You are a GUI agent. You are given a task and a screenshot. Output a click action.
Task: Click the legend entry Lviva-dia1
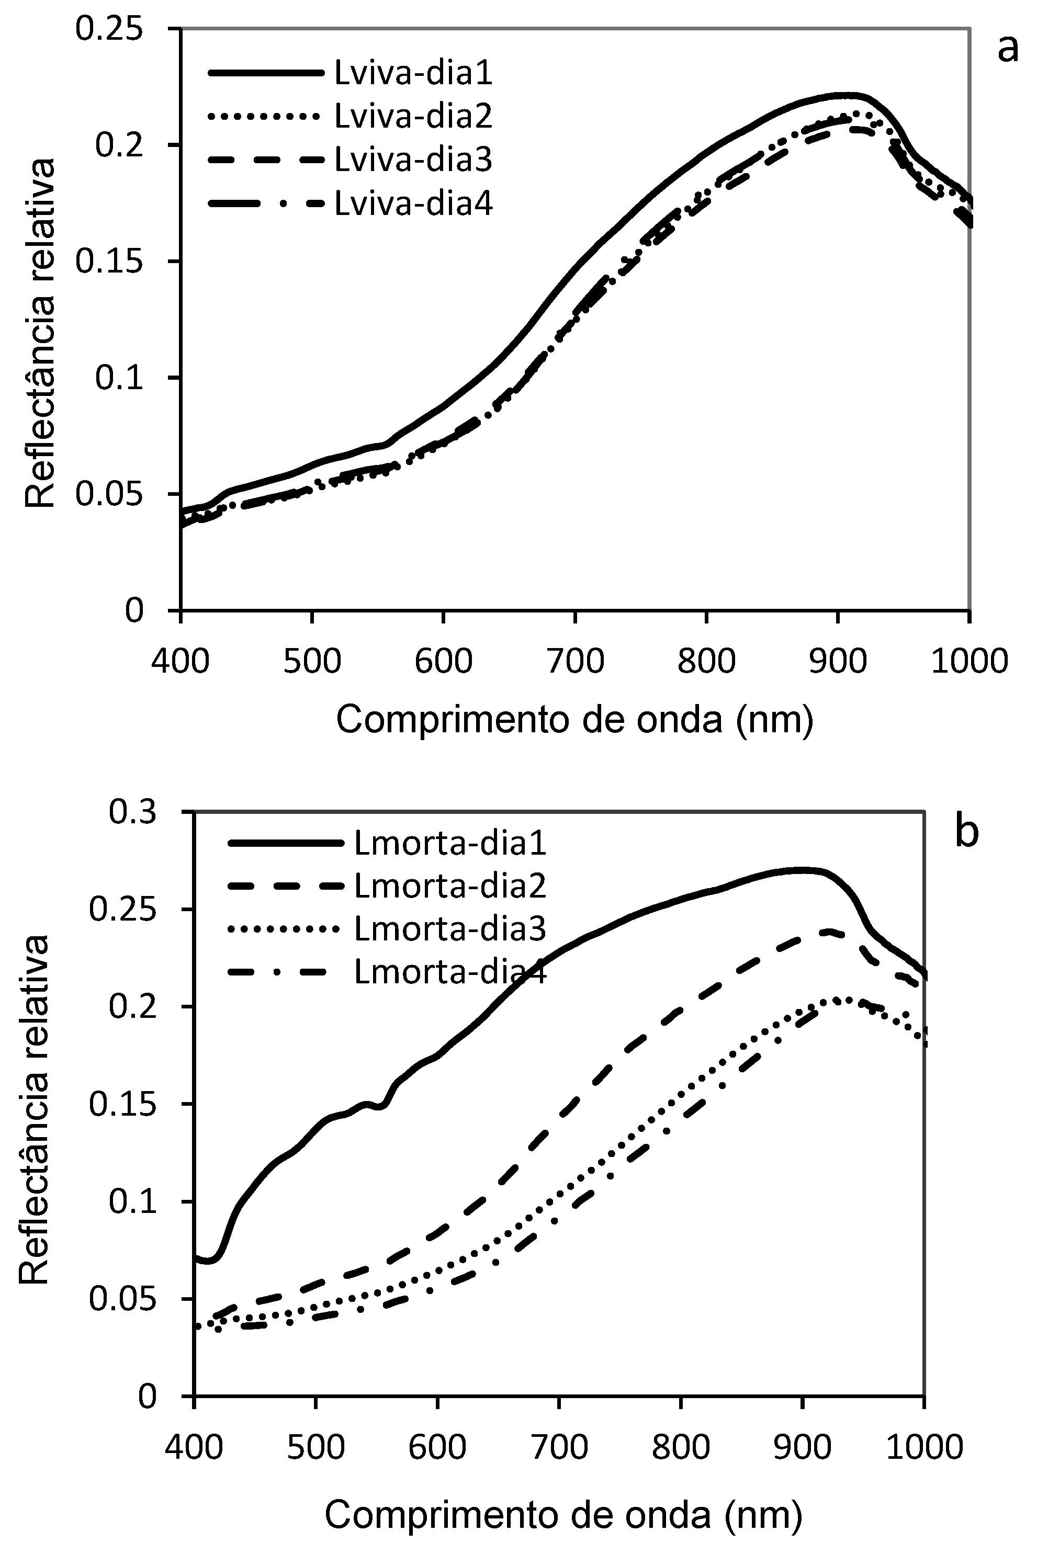point(413,73)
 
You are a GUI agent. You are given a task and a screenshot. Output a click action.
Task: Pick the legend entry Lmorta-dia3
point(450,929)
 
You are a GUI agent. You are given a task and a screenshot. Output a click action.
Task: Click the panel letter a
point(1007,48)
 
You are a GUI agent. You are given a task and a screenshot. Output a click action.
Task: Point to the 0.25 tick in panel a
point(109,29)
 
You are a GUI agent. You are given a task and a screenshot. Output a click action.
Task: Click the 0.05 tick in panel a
point(109,494)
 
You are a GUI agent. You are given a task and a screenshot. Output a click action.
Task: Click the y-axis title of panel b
point(35,1109)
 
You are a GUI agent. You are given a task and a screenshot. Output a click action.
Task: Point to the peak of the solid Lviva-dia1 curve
point(847,96)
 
